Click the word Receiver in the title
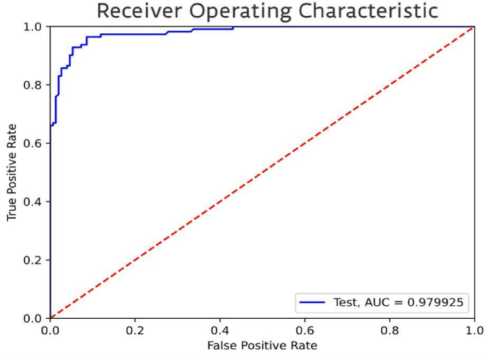[x=141, y=12]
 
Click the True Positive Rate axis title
[x=12, y=172]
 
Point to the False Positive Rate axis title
[x=261, y=346]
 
